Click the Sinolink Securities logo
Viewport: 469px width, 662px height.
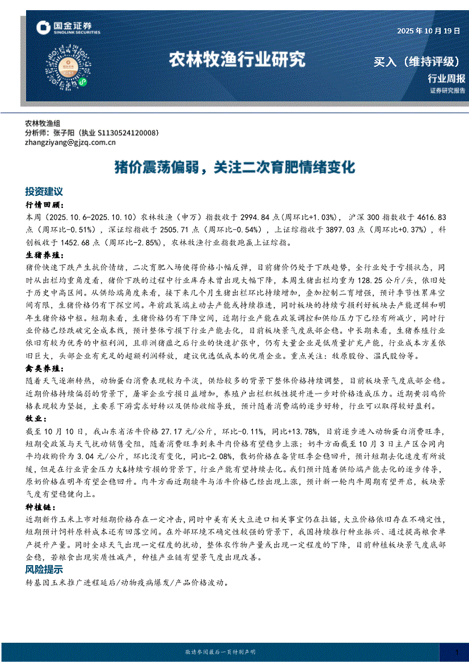pyautogui.click(x=67, y=28)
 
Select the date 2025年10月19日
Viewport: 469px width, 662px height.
pyautogui.click(x=428, y=31)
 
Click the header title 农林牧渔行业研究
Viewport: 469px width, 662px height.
pyautogui.click(x=237, y=59)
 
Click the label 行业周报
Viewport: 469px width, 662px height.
pyautogui.click(x=446, y=79)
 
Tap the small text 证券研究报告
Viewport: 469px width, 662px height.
pyautogui.click(x=447, y=91)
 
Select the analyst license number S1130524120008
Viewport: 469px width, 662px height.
pyautogui.click(x=124, y=133)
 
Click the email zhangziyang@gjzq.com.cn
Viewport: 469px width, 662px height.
pyautogui.click(x=70, y=143)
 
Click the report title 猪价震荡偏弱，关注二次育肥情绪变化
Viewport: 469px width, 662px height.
pyautogui.click(x=234, y=168)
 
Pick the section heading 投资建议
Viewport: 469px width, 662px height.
pyautogui.click(x=44, y=192)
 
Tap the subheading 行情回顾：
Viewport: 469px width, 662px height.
pyautogui.click(x=45, y=205)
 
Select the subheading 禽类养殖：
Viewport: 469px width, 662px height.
pyautogui.click(x=45, y=368)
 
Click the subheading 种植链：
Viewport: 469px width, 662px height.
pyautogui.click(x=41, y=507)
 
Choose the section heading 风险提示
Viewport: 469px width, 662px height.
pyautogui.click(x=44, y=569)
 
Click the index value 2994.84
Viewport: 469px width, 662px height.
pyautogui.click(x=226, y=217)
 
